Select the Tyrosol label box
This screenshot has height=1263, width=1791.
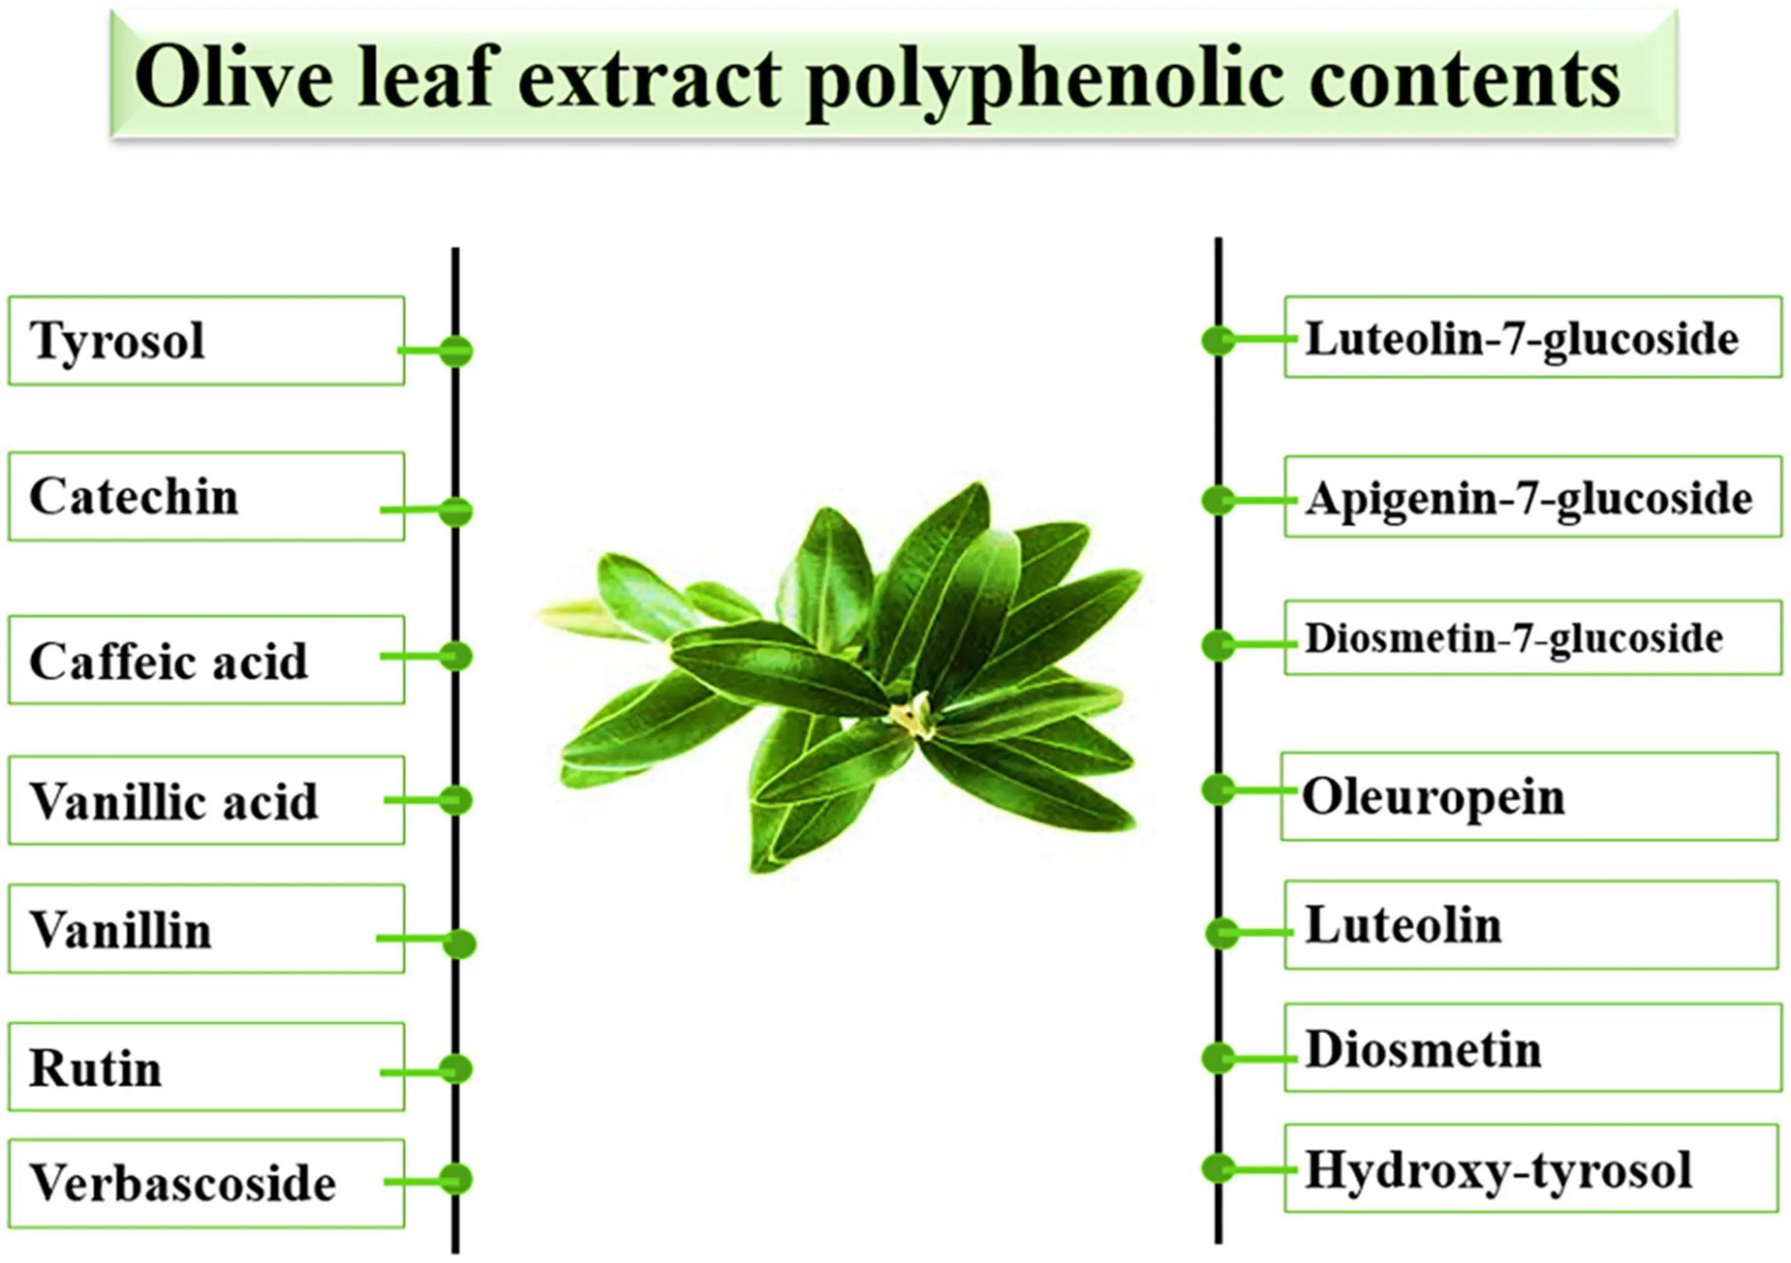coord(206,340)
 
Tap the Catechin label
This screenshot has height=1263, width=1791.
coord(206,496)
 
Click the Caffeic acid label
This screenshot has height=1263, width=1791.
coord(206,660)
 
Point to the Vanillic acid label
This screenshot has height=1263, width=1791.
coord(206,800)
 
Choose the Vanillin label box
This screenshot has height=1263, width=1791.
coord(206,928)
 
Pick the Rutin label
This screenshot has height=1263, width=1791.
coord(206,1067)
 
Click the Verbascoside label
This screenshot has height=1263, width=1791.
coord(206,1183)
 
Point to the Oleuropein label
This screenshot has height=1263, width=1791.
coord(1529,796)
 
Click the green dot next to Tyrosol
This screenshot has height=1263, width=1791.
coord(456,351)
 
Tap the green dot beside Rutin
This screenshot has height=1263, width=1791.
coord(456,1069)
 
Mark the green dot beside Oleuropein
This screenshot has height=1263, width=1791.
coord(1218,790)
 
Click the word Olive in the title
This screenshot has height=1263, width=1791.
coord(234,78)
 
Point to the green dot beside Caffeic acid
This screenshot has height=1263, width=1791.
coord(456,657)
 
